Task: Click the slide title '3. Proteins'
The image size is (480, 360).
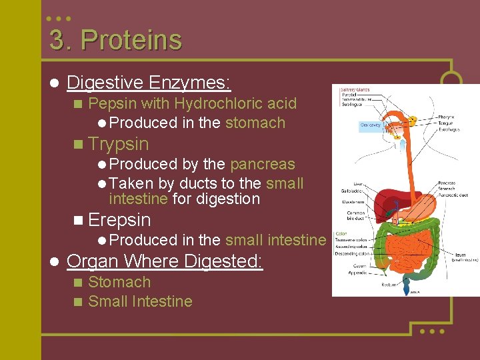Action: pyautogui.click(x=115, y=40)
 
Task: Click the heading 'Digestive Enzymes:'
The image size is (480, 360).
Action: pyautogui.click(x=149, y=83)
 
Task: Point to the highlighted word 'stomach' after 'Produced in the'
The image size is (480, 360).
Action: pyautogui.click(x=255, y=123)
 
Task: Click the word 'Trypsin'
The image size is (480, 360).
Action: pyautogui.click(x=118, y=144)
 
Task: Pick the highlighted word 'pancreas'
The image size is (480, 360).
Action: pyautogui.click(x=262, y=164)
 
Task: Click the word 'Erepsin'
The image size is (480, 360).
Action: pyautogui.click(x=119, y=220)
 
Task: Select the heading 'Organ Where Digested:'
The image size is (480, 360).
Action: pyautogui.click(x=165, y=261)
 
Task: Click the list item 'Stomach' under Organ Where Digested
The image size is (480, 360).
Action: pyautogui.click(x=119, y=282)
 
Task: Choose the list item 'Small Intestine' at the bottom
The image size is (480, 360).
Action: pyautogui.click(x=140, y=301)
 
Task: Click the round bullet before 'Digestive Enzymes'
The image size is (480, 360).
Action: pyautogui.click(x=54, y=83)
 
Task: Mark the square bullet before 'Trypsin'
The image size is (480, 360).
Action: pyautogui.click(x=79, y=145)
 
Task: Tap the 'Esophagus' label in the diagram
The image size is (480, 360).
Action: pyautogui.click(x=449, y=129)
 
